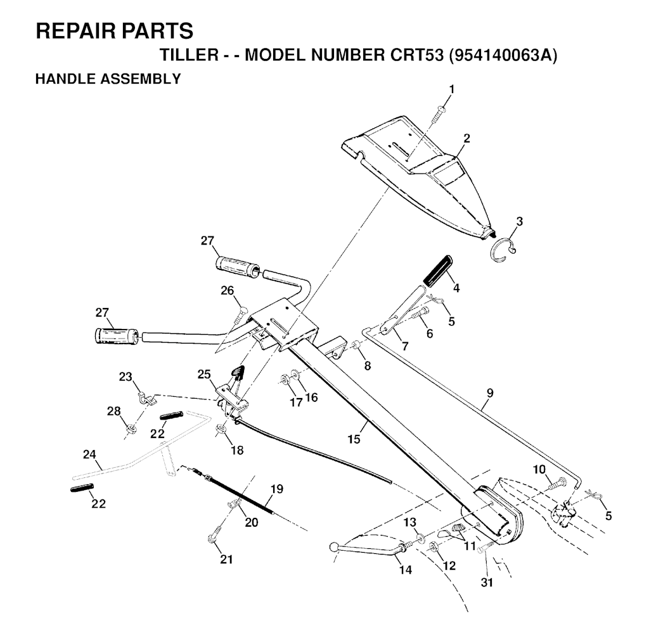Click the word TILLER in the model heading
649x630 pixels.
click(189, 55)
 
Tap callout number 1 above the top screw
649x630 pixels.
click(451, 89)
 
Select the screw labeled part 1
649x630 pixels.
click(438, 115)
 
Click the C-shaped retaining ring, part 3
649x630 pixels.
click(503, 250)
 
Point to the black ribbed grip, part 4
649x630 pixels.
click(437, 270)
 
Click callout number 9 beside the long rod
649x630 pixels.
click(490, 393)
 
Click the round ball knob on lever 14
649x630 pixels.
click(334, 548)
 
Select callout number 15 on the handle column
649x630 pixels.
click(354, 439)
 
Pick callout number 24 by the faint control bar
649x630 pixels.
click(89, 454)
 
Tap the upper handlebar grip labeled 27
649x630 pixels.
click(238, 266)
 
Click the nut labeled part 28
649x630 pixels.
click(132, 428)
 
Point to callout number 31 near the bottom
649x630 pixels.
click(487, 582)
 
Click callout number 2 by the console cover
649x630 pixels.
click(467, 138)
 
